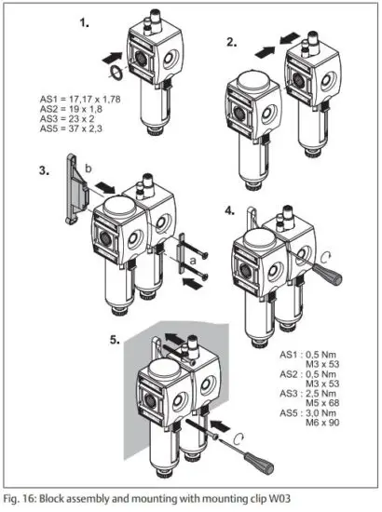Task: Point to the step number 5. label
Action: pyautogui.click(x=116, y=340)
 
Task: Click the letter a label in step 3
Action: pyautogui.click(x=193, y=263)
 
